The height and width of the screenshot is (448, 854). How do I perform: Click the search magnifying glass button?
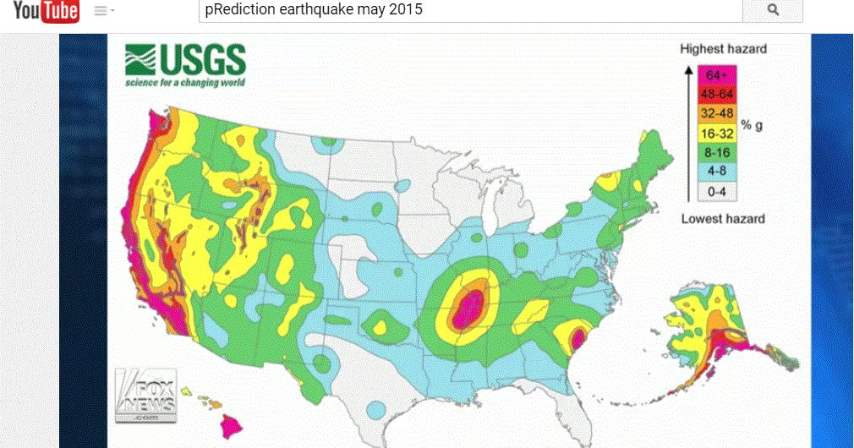click(772, 10)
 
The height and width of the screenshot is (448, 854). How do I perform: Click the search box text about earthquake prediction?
click(314, 10)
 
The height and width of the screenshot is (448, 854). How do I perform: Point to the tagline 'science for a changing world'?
click(184, 83)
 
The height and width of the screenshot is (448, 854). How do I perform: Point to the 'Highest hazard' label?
click(723, 49)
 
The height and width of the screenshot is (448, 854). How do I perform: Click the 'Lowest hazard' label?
click(723, 219)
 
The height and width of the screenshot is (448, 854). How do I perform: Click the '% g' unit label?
click(753, 125)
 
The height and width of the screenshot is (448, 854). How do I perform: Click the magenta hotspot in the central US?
click(468, 309)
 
